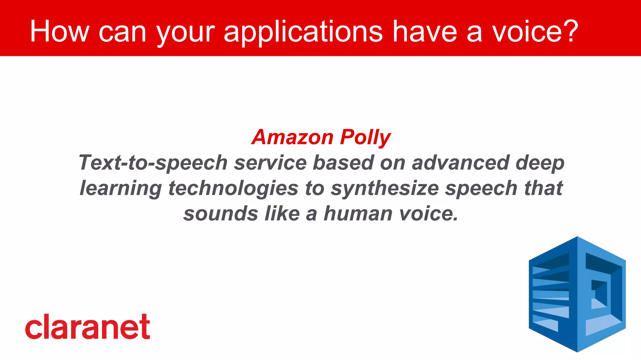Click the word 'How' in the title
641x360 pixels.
coord(59,31)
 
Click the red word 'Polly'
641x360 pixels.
coord(365,138)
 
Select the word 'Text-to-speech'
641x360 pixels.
coord(153,163)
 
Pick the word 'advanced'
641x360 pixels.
coord(460,163)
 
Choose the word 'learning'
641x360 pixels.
coord(121,189)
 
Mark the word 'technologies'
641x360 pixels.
coord(233,189)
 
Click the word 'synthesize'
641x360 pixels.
coord(385,189)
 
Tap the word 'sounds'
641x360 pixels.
coord(221,214)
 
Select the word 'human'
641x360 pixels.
coord(358,214)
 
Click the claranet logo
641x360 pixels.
coord(88,327)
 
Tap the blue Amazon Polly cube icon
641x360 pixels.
coord(577,294)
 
